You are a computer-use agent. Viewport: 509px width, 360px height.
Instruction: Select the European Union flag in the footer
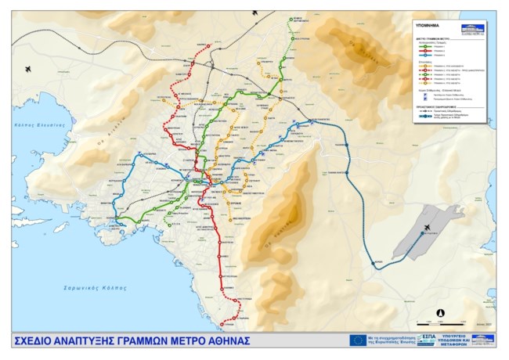pyautogui.click(x=358, y=340)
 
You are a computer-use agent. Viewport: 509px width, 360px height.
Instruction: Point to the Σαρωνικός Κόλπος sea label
pyautogui.click(x=95, y=288)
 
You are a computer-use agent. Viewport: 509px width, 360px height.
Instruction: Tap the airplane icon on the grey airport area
pyautogui.click(x=427, y=228)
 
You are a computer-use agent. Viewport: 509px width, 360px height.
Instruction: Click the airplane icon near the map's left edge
pyautogui.click(x=29, y=69)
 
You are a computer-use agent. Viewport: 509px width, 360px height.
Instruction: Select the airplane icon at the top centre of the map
pyautogui.click(x=254, y=14)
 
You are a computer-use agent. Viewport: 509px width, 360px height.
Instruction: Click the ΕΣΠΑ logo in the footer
pyautogui.click(x=428, y=340)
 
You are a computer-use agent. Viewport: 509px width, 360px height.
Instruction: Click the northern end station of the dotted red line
pyautogui.click(x=209, y=45)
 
